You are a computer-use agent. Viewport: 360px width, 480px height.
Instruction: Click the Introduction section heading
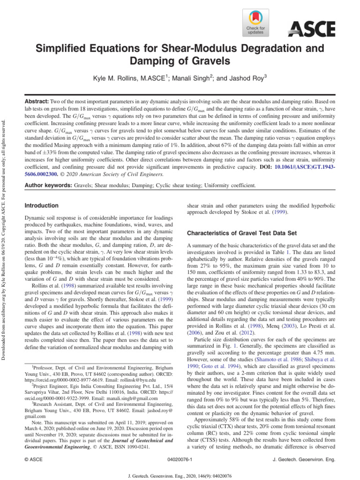tap(41, 206)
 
